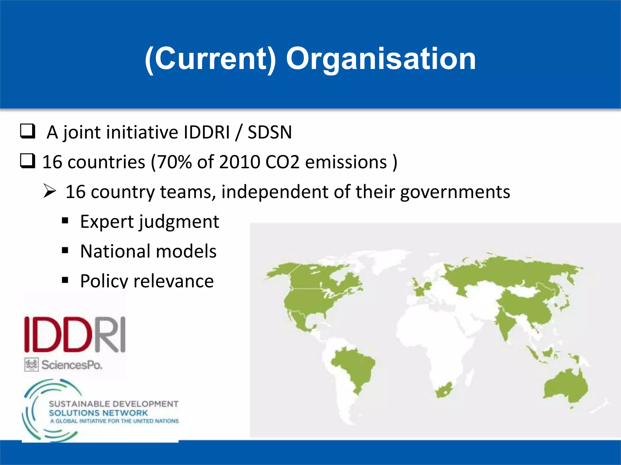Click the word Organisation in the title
pos(381,59)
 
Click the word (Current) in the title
pos(210,59)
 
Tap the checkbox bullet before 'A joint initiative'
pos(28,131)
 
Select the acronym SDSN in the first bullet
pos(270,132)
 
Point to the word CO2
pos(282,162)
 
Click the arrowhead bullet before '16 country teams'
pos(49,191)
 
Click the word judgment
pos(179,222)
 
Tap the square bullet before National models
pos(65,250)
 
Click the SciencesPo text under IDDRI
pos(72,365)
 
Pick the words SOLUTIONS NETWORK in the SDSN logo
pos(98,413)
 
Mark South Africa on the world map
pos(444,391)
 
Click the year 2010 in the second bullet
pos(240,162)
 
